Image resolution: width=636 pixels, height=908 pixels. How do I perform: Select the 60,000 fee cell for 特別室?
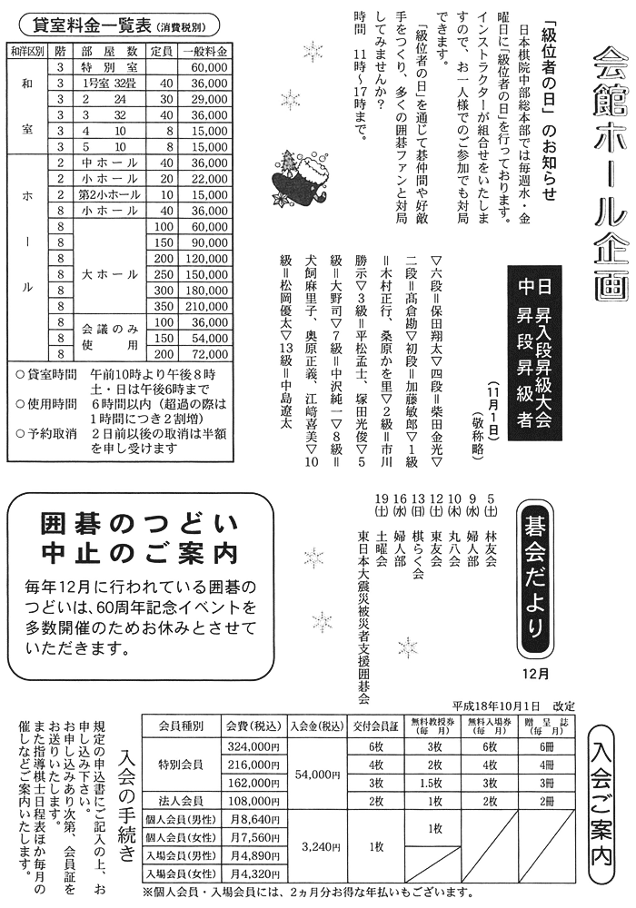point(207,67)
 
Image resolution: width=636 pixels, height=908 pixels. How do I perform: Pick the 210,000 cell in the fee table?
point(205,307)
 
